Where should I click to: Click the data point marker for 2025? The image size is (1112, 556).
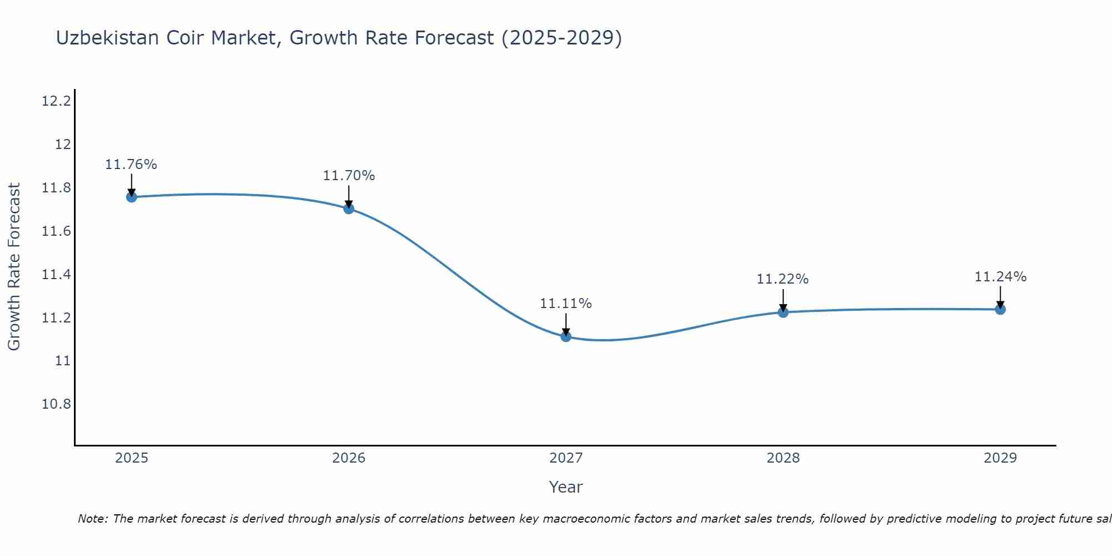[132, 197]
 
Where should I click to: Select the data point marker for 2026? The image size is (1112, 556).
[349, 209]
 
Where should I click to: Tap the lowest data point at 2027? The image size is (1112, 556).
[566, 336]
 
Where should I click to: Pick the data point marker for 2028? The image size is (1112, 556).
[783, 312]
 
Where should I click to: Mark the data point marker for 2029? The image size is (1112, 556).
[1000, 309]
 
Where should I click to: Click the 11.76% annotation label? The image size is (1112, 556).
[131, 165]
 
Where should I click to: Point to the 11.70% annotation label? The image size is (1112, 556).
[349, 176]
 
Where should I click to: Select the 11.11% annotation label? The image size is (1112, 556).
[566, 304]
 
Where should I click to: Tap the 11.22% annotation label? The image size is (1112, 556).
[783, 279]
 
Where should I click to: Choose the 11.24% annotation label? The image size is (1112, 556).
[1000, 277]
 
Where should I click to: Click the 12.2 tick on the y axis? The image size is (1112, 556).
[57, 101]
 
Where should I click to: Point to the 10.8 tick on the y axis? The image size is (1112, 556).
[57, 404]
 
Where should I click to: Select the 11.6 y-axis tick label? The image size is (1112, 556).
[57, 231]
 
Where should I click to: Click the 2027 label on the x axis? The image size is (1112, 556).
[566, 458]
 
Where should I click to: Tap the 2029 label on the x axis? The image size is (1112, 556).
[1000, 458]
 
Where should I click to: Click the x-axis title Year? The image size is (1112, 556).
[566, 487]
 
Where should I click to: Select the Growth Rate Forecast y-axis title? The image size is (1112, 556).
[14, 267]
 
